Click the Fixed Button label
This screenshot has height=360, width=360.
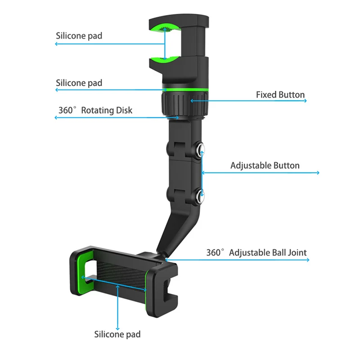click(x=280, y=95)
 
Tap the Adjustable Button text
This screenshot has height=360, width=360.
click(x=265, y=166)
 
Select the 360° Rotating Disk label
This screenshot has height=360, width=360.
click(x=95, y=110)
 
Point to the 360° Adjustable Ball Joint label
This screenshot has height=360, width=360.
click(x=256, y=252)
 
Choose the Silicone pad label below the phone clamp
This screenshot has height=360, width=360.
click(x=117, y=334)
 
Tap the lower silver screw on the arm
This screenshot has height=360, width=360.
click(x=200, y=194)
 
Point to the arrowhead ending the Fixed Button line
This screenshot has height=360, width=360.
click(x=306, y=101)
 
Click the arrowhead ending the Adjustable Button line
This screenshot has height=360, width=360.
click(x=318, y=173)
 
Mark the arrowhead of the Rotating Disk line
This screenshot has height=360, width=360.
click(x=56, y=118)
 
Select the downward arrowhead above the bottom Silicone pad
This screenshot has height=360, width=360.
click(x=118, y=328)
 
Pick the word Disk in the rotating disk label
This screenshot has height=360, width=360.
click(x=124, y=110)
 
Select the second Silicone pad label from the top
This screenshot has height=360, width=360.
click(x=79, y=83)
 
